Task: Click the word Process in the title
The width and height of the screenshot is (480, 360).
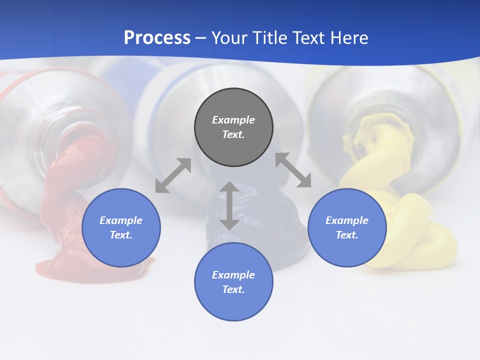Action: click(157, 37)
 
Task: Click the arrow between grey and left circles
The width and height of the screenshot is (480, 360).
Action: click(173, 175)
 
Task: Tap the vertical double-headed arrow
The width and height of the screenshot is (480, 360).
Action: click(229, 205)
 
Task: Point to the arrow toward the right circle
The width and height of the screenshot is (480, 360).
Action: click(293, 170)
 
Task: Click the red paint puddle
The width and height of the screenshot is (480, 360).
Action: click(65, 265)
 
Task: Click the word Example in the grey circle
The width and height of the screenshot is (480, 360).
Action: click(233, 120)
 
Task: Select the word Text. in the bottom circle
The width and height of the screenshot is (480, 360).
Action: click(233, 289)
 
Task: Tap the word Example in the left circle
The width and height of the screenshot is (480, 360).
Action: click(121, 220)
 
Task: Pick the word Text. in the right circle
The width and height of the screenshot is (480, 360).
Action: click(347, 235)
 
